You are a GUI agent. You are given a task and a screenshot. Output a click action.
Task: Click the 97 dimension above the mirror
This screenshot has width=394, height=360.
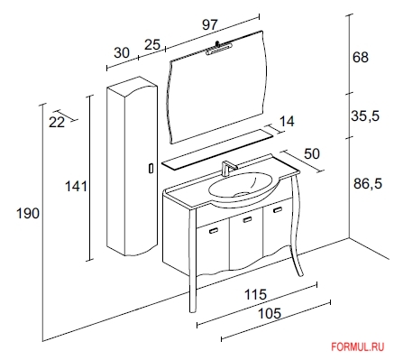pos(209,24)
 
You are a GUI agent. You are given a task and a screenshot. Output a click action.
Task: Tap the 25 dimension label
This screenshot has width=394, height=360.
pos(152,44)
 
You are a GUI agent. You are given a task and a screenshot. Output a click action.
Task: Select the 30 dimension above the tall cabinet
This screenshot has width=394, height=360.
pos(122,53)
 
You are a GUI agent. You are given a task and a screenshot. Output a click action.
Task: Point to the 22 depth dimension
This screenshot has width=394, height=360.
pos(57,123)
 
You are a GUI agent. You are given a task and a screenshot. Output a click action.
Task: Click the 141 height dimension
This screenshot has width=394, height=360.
pos(77,187)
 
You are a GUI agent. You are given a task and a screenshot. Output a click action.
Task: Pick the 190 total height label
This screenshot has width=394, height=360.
pos(28,214)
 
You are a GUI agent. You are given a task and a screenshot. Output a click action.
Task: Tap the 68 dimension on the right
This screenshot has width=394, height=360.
pos(361,57)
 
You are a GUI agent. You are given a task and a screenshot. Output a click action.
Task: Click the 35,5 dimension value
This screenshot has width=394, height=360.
pos(365,115)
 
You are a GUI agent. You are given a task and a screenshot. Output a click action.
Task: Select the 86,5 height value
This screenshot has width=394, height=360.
pos(368,183)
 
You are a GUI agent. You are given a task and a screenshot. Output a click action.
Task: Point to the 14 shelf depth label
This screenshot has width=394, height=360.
pos(287,122)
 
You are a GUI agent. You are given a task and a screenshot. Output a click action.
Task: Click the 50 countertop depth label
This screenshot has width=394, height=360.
pos(312,153)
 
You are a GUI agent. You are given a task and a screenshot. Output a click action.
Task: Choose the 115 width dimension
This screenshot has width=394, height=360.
pos(255,294)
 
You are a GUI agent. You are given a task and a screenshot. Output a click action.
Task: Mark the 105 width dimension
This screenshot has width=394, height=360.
pos(270,313)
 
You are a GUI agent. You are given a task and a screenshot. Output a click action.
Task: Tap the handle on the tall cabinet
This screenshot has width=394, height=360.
pos(151,168)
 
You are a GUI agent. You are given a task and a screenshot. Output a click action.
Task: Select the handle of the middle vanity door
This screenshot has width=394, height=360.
pos(248,219)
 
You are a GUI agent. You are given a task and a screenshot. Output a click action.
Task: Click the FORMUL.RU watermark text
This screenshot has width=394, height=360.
pos(358,346)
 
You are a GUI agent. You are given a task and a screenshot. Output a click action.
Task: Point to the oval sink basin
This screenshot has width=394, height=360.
pos(241,186)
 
